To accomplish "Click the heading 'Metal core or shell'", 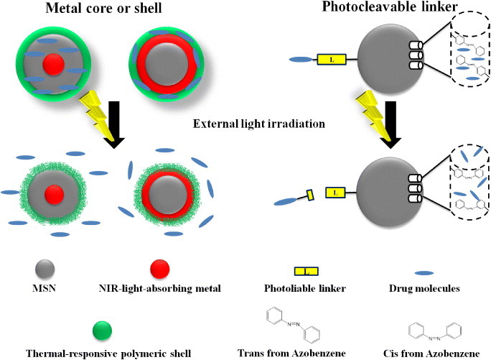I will pos(102,9).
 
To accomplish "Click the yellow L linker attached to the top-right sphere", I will pos(332,60).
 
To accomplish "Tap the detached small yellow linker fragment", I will pos(312,193).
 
